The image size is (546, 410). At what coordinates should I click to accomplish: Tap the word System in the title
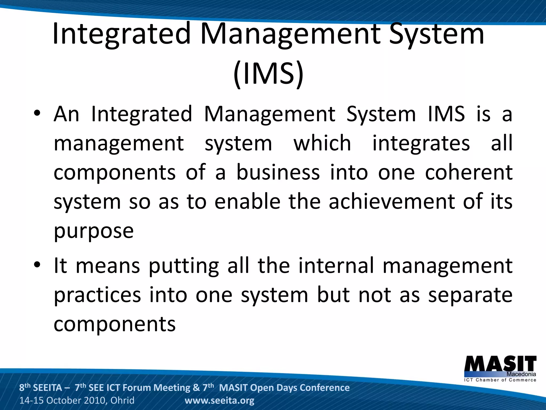pyautogui.click(x=436, y=34)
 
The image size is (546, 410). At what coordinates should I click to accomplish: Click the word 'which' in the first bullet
pyautogui.click(x=322, y=143)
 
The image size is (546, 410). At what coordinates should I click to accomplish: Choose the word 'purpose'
pyautogui.click(x=94, y=231)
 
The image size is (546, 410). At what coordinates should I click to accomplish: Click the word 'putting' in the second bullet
pyautogui.click(x=184, y=266)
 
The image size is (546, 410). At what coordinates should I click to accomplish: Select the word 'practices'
pyautogui.click(x=97, y=295)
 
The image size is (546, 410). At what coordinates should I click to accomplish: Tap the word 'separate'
pyautogui.click(x=470, y=295)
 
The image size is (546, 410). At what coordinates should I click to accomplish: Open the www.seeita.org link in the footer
pyautogui.click(x=219, y=401)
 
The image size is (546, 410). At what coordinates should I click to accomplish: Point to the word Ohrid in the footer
pyautogui.click(x=122, y=401)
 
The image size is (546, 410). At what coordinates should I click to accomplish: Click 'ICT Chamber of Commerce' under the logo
pyautogui.click(x=500, y=380)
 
